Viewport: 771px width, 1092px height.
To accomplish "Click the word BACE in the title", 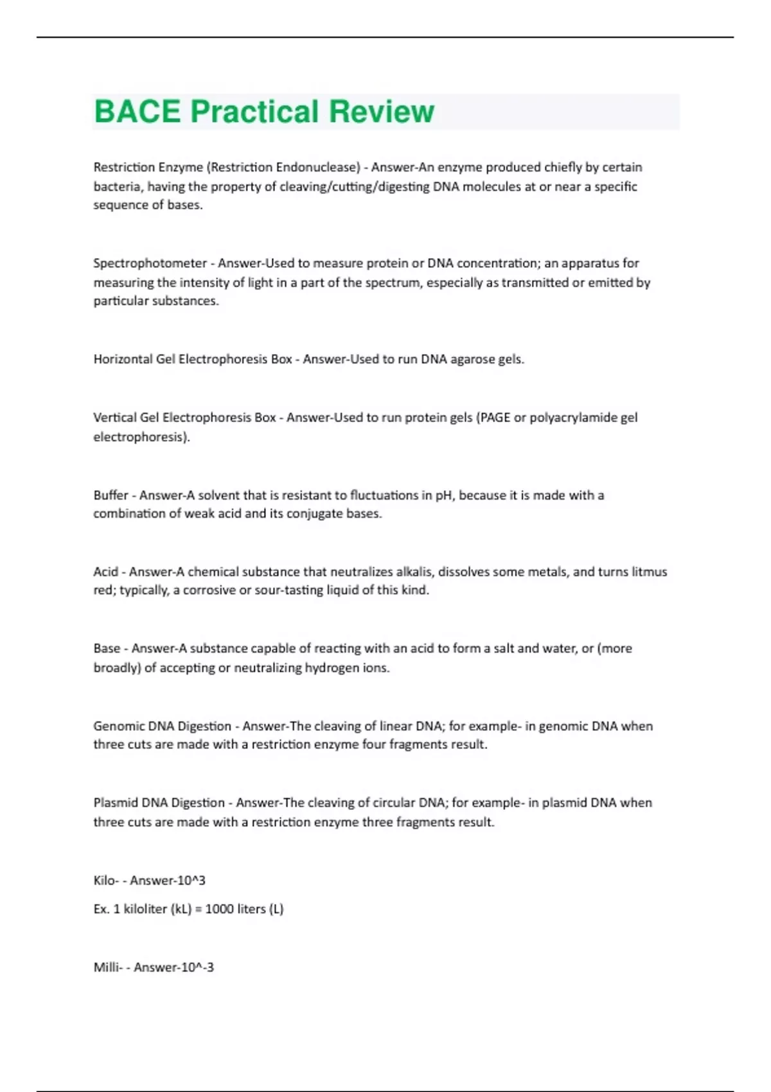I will [137, 112].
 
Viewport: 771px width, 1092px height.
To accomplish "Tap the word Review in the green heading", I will [381, 112].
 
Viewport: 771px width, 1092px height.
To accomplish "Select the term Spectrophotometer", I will [150, 263].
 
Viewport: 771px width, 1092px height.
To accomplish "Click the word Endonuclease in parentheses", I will [317, 168].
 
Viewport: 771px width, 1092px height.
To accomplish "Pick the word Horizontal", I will [123, 359].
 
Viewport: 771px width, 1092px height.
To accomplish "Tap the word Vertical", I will [115, 418].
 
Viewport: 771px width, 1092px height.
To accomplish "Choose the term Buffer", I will [111, 495].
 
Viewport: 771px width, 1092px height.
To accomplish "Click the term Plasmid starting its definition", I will [116, 803].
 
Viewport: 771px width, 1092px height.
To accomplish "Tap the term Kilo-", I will [106, 881].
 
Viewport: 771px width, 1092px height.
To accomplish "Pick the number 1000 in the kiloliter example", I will [219, 910].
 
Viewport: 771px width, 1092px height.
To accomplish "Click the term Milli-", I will [108, 967].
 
